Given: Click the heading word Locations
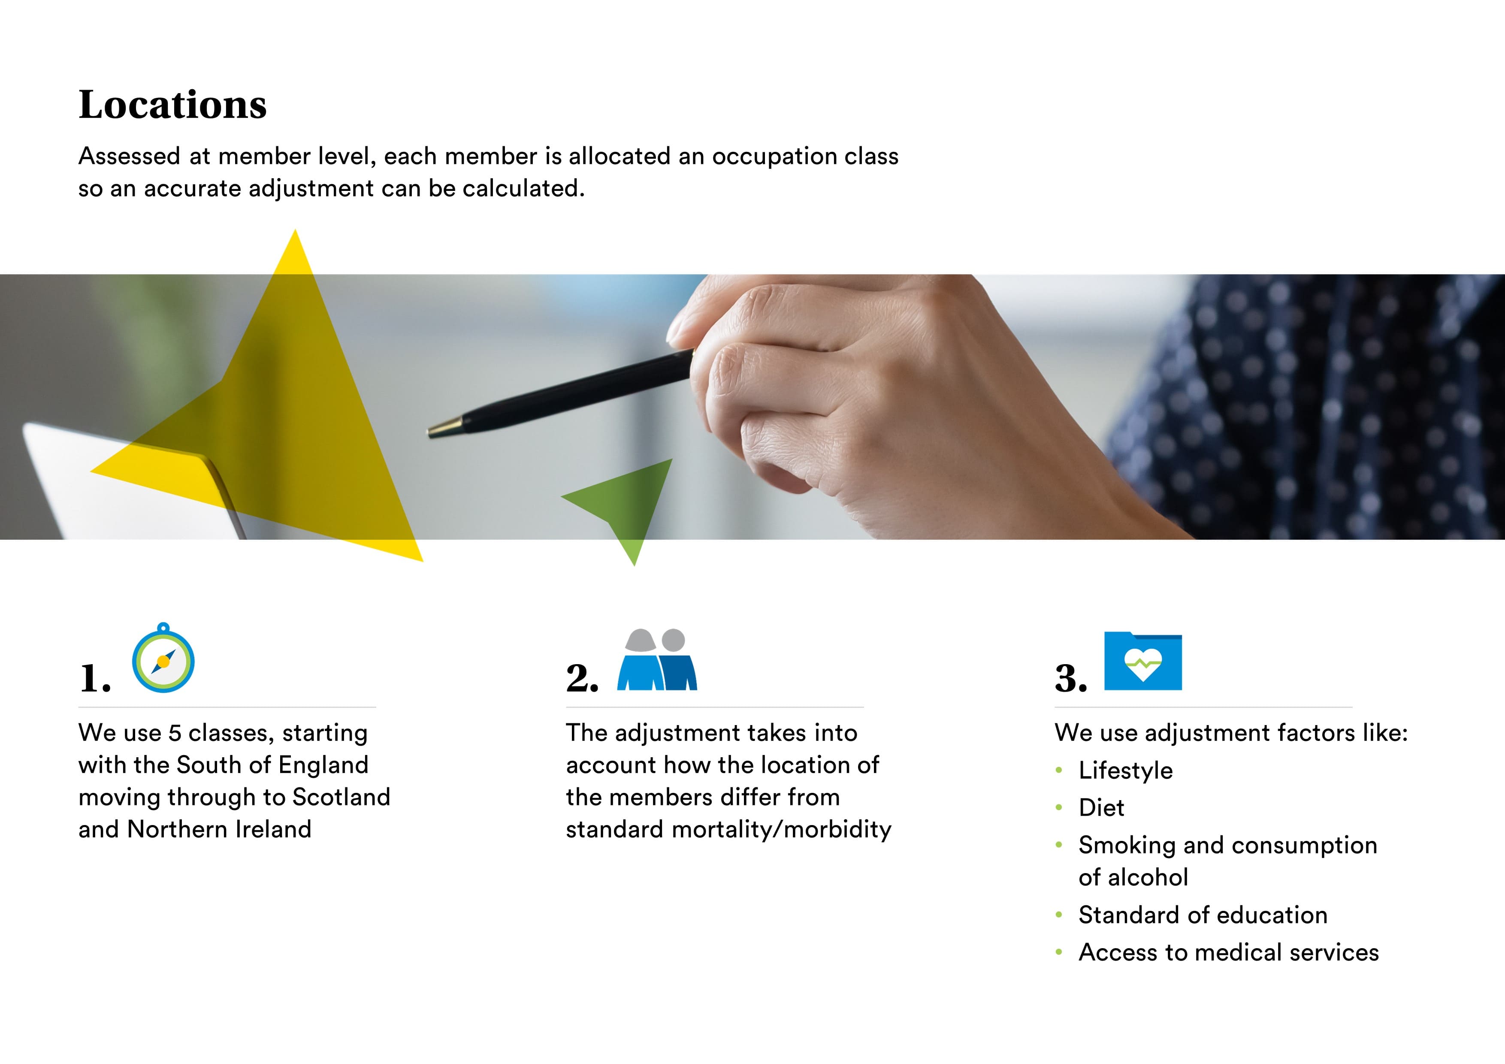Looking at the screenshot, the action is tap(172, 105).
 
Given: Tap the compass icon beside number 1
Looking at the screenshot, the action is tap(163, 658).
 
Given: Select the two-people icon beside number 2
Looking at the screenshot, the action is tap(657, 659).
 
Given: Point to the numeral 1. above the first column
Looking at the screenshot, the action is tap(95, 679).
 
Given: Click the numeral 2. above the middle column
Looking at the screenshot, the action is tap(582, 679).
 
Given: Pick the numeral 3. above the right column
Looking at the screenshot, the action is tap(1070, 679).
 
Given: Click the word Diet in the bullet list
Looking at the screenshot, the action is tap(1101, 808).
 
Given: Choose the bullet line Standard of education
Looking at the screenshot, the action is tap(1203, 915).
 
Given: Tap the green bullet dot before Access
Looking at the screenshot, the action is tap(1059, 952).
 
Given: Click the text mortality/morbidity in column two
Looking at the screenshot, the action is tap(782, 830).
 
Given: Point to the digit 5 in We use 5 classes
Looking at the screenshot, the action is tap(174, 733).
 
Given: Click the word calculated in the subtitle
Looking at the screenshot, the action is tap(523, 189).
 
